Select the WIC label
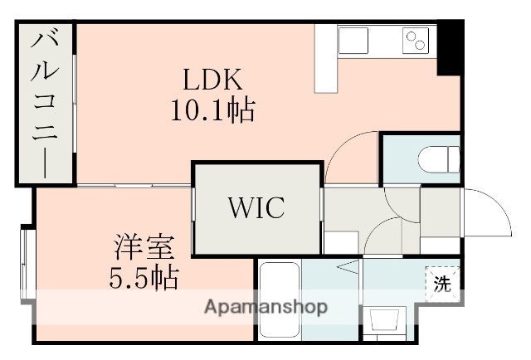[x=256, y=208]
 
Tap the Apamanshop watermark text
[x=265, y=307]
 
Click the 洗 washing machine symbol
[x=443, y=283]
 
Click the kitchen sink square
[x=353, y=40]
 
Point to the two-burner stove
[x=415, y=39]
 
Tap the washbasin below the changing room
[x=386, y=321]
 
